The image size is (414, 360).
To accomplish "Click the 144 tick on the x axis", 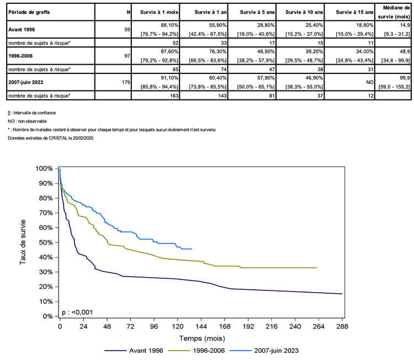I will coord(201,326).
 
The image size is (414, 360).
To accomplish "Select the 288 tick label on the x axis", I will coord(342,326).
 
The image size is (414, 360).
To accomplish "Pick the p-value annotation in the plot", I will coord(77,312).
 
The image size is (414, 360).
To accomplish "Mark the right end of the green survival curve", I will coord(317,268).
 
